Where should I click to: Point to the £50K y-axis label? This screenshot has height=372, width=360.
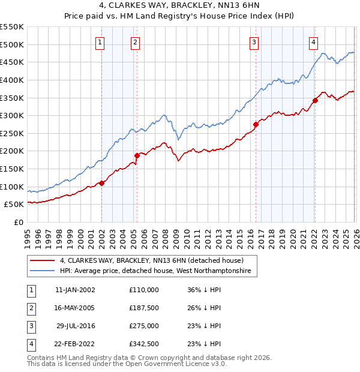(x=14, y=205)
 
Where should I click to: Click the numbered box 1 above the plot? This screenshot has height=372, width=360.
(x=100, y=42)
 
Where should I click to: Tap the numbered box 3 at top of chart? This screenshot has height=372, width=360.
(x=254, y=42)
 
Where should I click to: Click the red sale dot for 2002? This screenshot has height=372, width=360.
(x=102, y=183)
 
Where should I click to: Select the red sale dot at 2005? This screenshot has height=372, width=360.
(x=137, y=155)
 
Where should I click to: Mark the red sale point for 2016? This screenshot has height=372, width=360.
(x=256, y=124)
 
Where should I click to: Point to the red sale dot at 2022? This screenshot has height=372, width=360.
(x=315, y=100)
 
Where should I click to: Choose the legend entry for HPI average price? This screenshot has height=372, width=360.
(x=158, y=271)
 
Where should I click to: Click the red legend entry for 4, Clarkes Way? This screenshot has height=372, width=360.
(x=151, y=260)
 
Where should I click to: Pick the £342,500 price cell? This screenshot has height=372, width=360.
(x=144, y=344)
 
